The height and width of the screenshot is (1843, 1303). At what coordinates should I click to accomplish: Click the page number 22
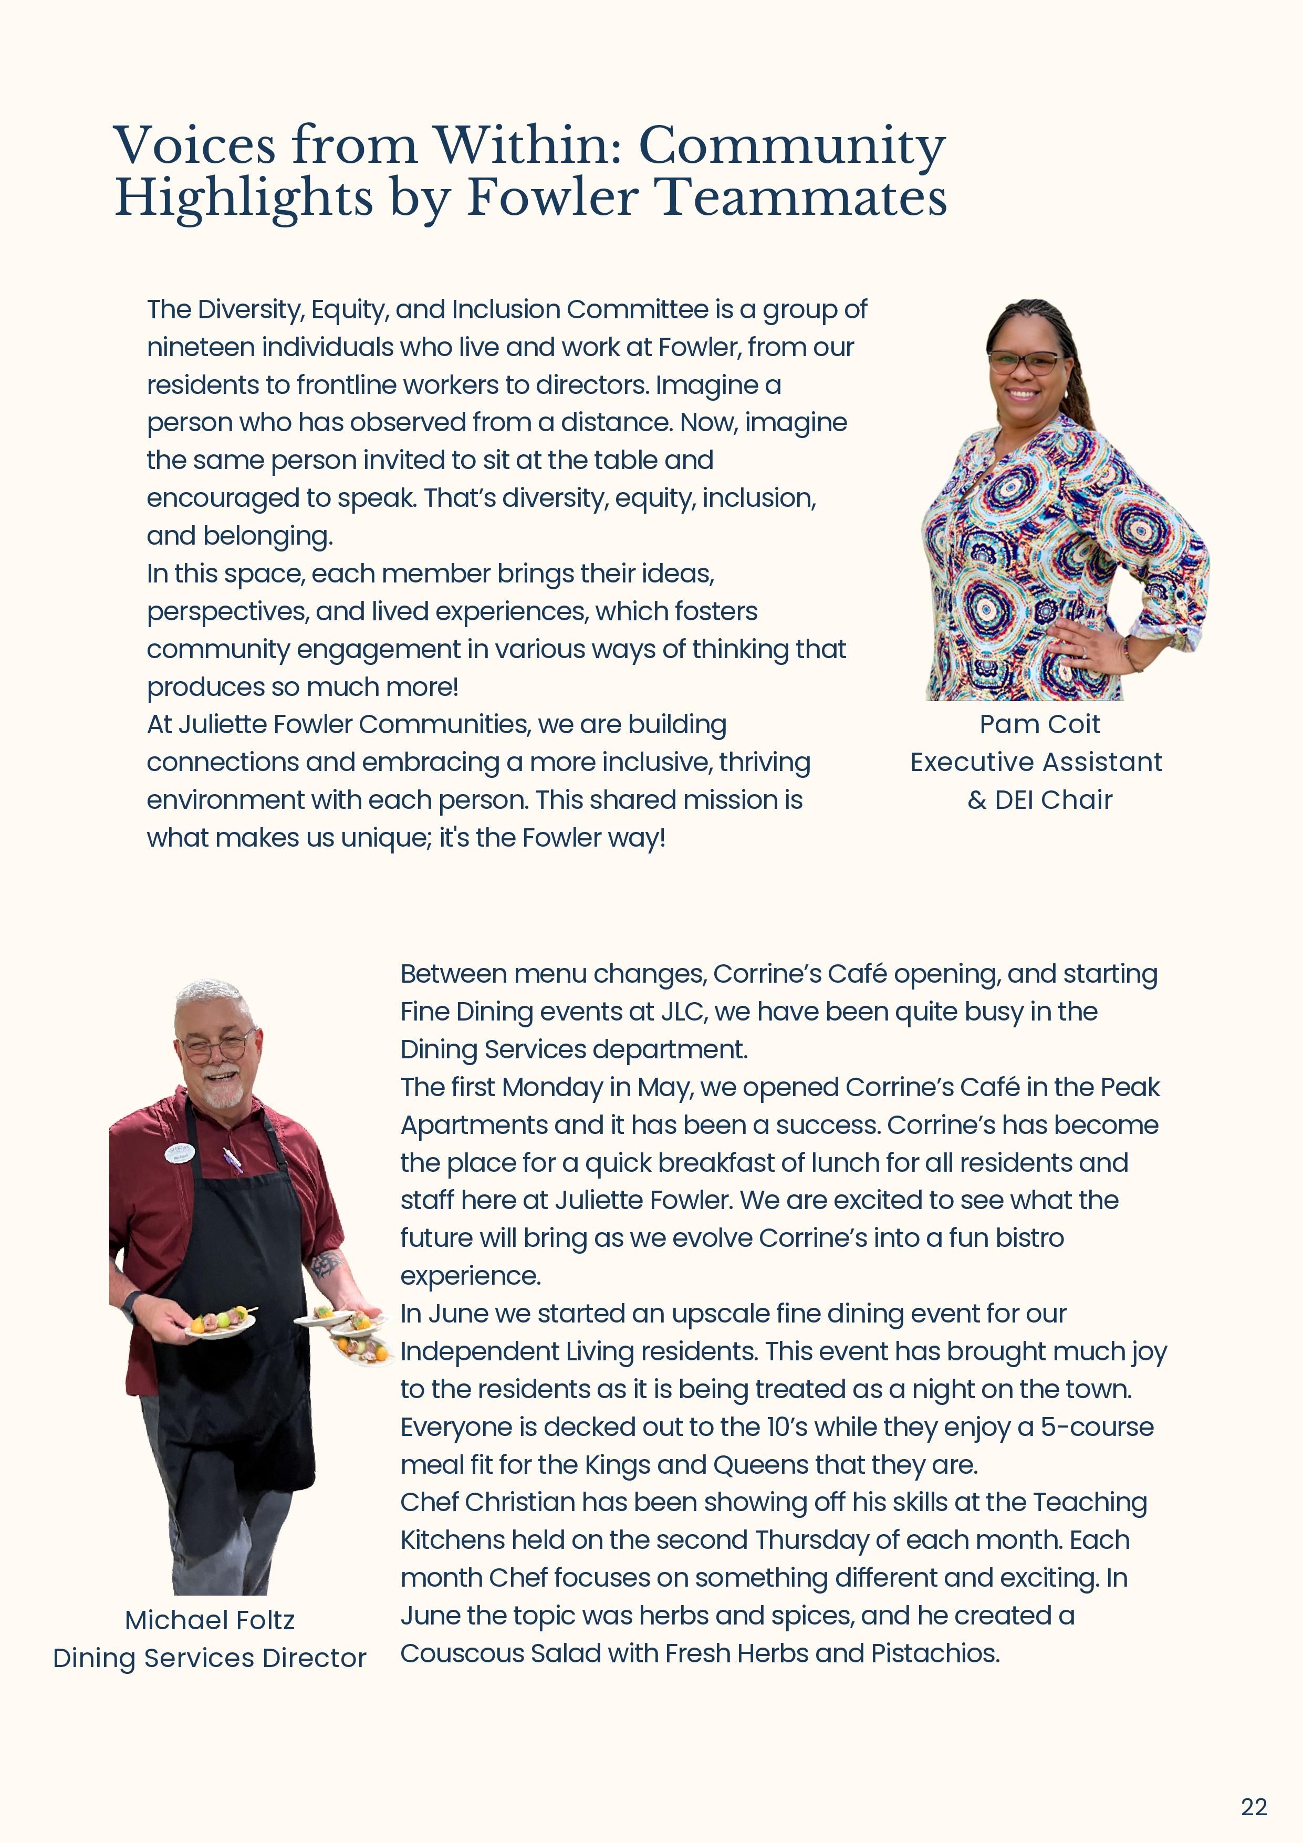(x=1253, y=1807)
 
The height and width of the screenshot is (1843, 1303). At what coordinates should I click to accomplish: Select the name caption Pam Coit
(x=1040, y=725)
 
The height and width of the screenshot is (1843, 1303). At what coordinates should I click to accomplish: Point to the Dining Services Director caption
(x=210, y=1658)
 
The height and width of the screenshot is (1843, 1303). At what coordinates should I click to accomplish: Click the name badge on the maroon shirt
(x=180, y=1153)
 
